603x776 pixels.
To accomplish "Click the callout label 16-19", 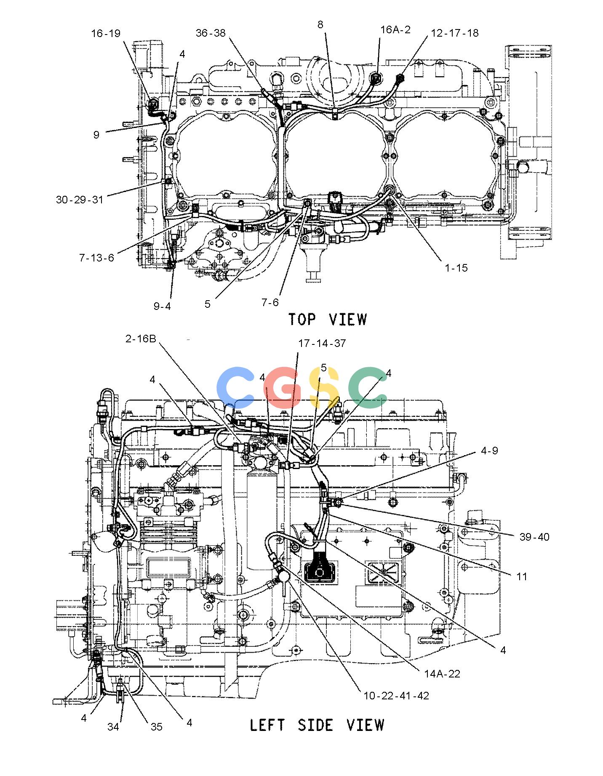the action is coord(106,33).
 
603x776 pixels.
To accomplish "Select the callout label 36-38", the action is coord(211,33).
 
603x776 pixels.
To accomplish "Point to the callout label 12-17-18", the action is coord(455,33).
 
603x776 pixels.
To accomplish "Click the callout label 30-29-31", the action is coord(80,199).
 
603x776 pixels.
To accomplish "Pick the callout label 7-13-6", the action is coord(96,257).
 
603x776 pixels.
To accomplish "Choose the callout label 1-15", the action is coord(456,268).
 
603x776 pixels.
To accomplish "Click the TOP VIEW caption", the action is coord(328,319).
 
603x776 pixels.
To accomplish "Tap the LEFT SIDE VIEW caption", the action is coord(317,724).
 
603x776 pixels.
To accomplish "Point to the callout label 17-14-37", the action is coord(322,343).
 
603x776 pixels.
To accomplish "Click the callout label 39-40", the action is coord(534,536).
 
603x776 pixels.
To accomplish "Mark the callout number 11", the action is coord(522,576).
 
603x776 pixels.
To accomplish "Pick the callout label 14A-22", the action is coord(442,674).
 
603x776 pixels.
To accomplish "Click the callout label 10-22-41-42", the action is coord(396,696).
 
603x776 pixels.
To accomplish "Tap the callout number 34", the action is coord(113,727).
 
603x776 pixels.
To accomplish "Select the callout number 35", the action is coord(156,727).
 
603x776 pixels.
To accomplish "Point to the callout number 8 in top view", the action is coord(320,24).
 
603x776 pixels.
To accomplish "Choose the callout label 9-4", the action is coord(162,306).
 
